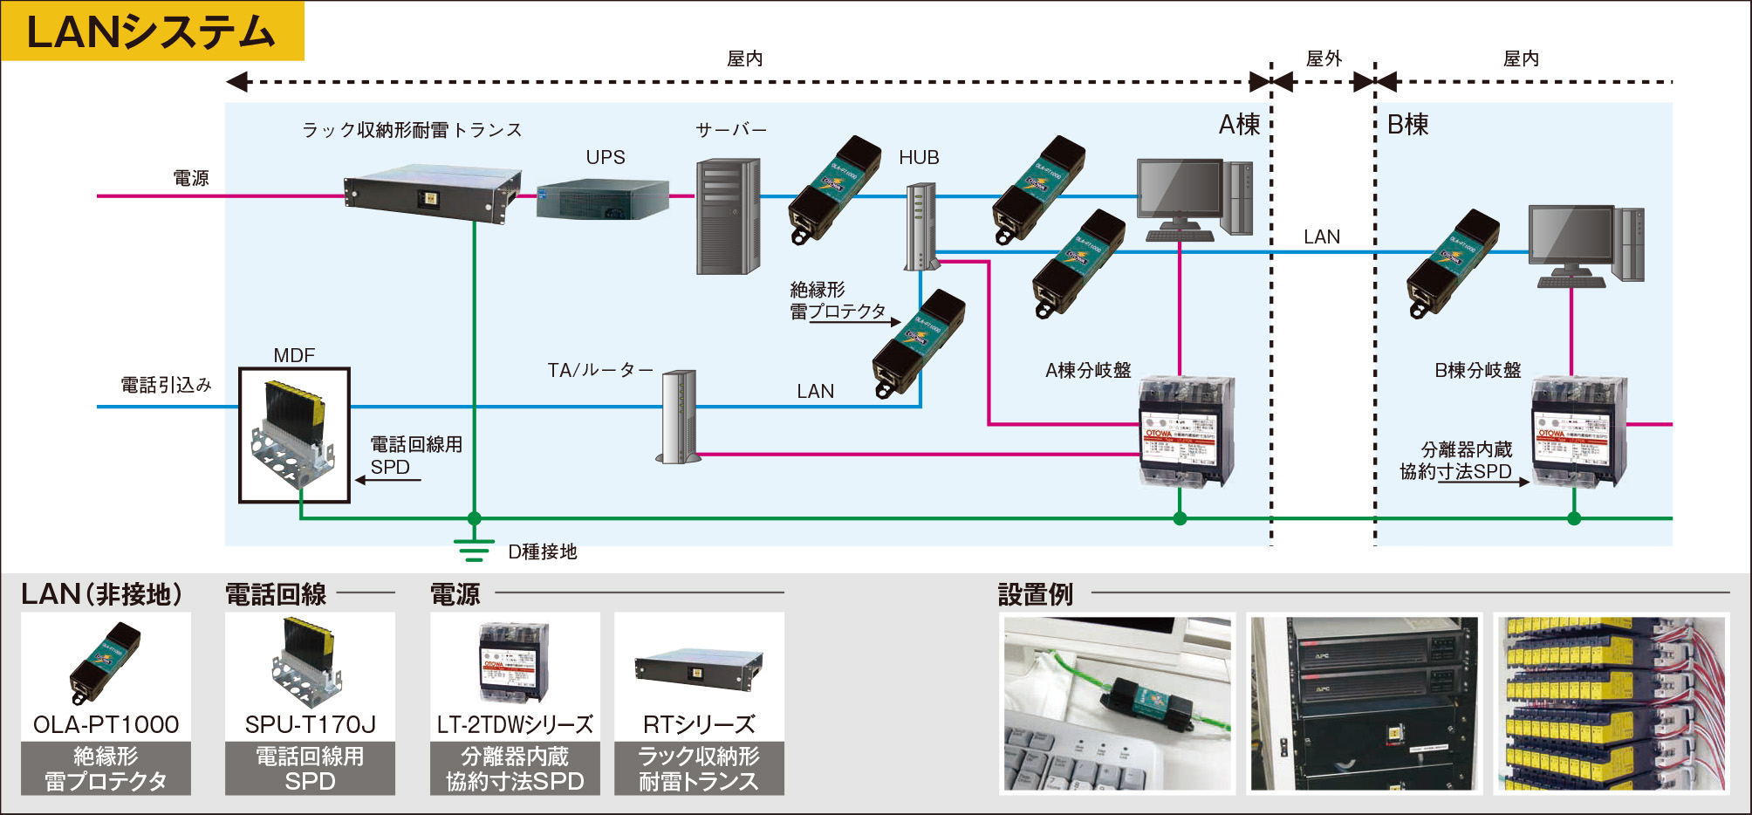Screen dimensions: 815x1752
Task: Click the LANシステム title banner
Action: click(152, 31)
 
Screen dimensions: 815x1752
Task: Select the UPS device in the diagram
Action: click(602, 199)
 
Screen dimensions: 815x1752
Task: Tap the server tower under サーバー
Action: click(728, 216)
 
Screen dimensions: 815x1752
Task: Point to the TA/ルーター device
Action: click(679, 417)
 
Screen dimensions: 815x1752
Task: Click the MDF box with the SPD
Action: click(294, 435)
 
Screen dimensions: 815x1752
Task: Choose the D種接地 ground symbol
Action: click(473, 551)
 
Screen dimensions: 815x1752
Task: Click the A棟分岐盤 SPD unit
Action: click(1187, 431)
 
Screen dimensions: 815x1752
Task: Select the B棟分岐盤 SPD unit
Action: click(1578, 431)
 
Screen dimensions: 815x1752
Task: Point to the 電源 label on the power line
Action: click(191, 178)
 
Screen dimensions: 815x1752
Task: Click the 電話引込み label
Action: click(166, 385)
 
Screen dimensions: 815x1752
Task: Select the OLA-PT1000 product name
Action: click(106, 724)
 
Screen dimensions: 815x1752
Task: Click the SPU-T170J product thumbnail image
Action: click(309, 661)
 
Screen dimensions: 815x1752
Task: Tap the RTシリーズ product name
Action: click(699, 724)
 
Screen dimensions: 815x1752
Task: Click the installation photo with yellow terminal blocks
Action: click(1611, 703)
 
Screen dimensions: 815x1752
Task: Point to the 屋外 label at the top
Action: click(1323, 58)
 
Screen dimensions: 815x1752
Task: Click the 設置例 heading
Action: click(1035, 594)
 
